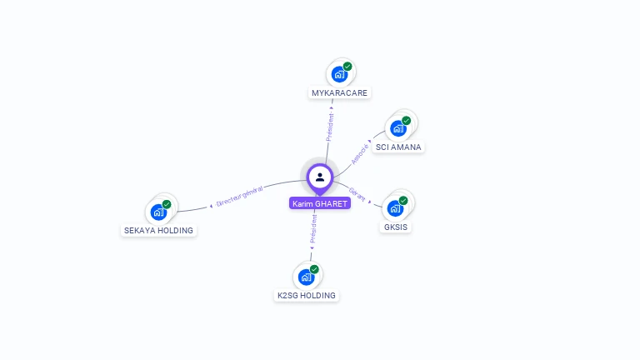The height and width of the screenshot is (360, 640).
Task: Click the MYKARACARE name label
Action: [339, 92]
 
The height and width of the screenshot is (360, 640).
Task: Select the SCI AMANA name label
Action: [398, 147]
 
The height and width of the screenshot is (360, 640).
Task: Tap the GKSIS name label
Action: [397, 227]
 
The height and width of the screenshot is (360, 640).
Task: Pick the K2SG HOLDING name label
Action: [306, 295]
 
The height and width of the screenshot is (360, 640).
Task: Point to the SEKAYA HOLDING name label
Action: [158, 230]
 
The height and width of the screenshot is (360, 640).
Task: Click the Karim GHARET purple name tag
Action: [320, 203]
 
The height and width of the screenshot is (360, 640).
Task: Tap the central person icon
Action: [320, 177]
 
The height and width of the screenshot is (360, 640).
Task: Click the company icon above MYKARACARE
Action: [339, 74]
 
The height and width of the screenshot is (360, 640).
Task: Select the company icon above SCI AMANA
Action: [397, 128]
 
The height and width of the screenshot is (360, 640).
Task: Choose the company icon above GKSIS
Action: [396, 208]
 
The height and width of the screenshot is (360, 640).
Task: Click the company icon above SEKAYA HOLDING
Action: [158, 212]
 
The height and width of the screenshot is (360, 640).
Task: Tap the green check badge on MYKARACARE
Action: [347, 67]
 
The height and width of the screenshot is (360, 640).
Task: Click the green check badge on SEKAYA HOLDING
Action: [167, 204]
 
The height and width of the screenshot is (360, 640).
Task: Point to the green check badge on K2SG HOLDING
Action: [314, 269]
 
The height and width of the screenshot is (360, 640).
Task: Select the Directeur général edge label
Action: [239, 197]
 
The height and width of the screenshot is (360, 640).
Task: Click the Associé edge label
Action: [360, 152]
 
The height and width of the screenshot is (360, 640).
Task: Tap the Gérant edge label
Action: [357, 193]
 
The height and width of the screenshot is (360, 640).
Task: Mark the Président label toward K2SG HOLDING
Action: [313, 228]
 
